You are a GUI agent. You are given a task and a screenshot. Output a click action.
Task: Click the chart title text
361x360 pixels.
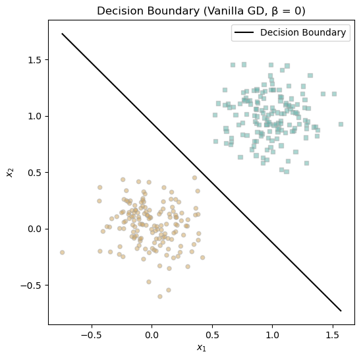(201, 11)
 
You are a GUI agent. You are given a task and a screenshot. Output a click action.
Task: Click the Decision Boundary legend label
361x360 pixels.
(303, 32)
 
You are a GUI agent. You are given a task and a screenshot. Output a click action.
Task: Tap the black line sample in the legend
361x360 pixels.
(244, 32)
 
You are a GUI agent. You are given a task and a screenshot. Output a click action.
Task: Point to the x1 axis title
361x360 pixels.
(202, 347)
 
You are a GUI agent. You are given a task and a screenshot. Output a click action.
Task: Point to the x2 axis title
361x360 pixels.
(11, 173)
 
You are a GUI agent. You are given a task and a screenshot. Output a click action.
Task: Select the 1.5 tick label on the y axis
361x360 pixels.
(34, 60)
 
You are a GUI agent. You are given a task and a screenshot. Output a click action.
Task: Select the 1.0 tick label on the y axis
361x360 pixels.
(34, 117)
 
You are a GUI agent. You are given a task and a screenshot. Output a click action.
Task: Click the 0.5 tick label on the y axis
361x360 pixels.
(34, 173)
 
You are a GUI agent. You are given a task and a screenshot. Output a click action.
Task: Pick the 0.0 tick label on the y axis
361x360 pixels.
(34, 229)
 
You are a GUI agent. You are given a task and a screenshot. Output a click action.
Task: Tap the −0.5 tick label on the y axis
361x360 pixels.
(31, 285)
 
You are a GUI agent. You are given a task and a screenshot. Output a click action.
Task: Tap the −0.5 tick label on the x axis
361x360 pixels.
(92, 335)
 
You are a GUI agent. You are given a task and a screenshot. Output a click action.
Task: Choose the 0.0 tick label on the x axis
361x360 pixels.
(152, 335)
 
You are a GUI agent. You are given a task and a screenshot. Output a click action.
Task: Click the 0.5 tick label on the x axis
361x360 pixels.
(212, 335)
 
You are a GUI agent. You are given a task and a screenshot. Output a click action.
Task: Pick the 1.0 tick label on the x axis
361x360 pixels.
(273, 335)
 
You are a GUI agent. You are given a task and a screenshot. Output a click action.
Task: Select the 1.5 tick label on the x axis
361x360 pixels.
(333, 335)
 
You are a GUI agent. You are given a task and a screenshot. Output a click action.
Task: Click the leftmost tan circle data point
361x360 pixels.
(62, 253)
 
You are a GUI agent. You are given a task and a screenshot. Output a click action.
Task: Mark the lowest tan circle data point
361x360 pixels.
(160, 297)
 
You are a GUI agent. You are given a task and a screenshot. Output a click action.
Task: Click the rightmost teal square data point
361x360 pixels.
(341, 124)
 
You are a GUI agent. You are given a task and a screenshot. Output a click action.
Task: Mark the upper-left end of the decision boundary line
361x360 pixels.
(62, 34)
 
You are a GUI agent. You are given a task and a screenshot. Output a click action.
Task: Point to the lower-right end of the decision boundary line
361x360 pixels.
(341, 311)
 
